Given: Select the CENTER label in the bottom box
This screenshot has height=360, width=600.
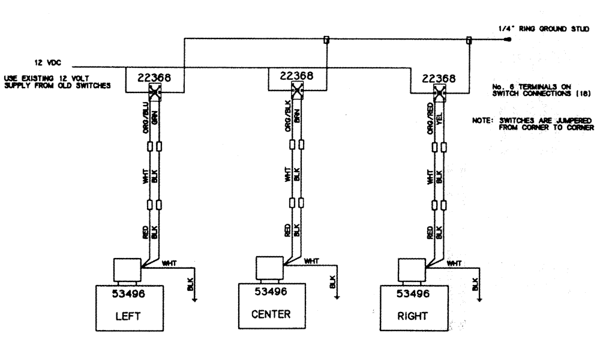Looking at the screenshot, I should coord(271,313).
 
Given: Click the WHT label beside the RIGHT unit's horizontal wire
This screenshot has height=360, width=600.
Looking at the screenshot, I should coord(454,263).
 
